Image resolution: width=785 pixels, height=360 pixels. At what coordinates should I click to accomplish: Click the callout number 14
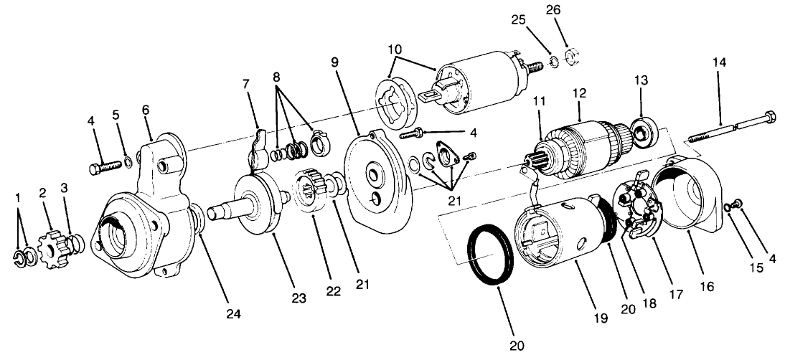point(720,63)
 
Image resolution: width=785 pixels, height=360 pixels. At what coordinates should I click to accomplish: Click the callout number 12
point(579,93)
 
